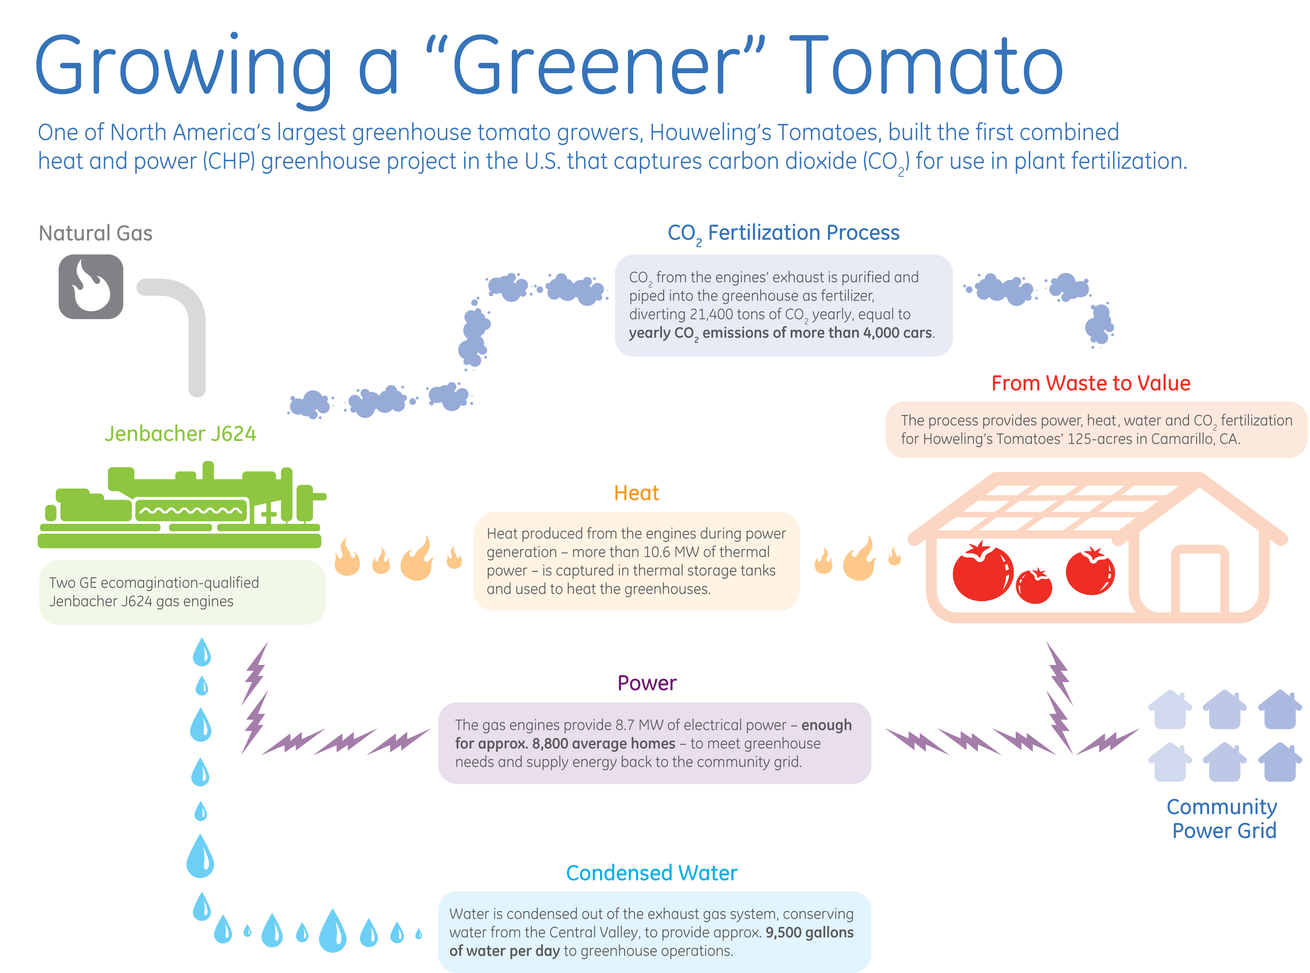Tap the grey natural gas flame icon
click(91, 287)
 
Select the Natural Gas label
click(96, 233)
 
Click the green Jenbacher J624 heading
click(180, 434)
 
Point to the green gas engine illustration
click(181, 505)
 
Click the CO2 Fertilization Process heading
click(783, 233)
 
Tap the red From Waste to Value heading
click(1090, 384)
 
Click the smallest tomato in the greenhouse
click(1034, 586)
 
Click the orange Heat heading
click(636, 493)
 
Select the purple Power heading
click(647, 683)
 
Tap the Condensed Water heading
click(651, 873)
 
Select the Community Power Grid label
click(1222, 819)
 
